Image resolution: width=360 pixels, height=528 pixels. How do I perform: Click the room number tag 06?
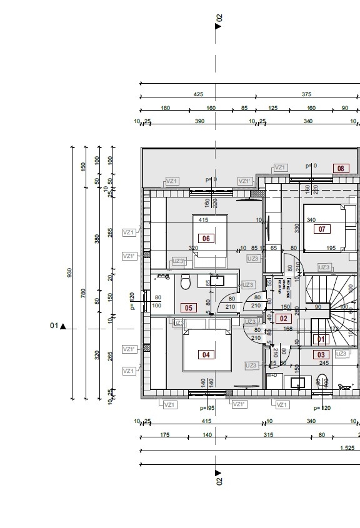206,238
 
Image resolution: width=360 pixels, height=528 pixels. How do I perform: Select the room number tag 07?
322,229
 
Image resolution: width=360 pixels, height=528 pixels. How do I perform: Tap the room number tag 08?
341,168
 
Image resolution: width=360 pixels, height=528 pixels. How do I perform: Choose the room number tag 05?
187,307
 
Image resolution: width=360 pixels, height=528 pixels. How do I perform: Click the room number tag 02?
283,319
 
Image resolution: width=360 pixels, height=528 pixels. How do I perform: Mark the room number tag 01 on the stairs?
321,339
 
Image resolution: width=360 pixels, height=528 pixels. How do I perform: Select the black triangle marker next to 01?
62,326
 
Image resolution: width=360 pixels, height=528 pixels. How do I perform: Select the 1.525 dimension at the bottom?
347,447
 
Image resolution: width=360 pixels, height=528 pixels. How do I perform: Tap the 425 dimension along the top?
198,94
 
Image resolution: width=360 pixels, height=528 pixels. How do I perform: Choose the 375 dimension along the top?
306,94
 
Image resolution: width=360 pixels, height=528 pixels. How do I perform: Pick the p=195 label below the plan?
207,407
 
